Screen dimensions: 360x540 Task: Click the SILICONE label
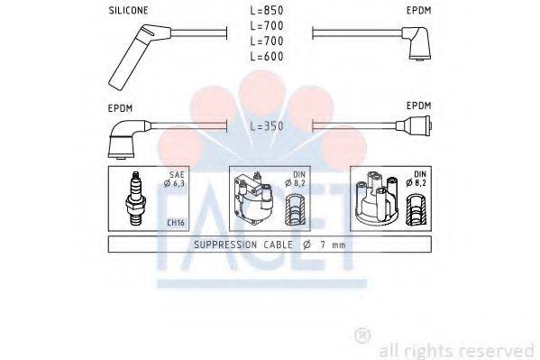(x=128, y=13)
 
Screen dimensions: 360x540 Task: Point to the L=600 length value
(x=267, y=56)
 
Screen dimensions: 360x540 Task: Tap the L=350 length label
(x=267, y=125)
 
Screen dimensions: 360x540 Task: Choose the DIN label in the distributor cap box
(x=420, y=173)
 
